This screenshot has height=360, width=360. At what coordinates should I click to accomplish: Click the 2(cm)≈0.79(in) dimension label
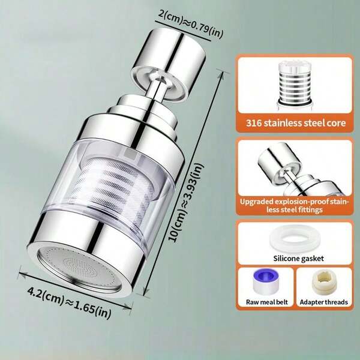(190, 25)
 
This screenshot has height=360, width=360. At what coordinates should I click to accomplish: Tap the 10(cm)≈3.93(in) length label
(185, 202)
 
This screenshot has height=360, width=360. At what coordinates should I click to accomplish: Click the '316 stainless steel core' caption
(296, 123)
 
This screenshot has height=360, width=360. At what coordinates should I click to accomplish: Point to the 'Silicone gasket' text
(298, 258)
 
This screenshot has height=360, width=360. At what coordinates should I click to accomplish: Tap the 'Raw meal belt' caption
(267, 302)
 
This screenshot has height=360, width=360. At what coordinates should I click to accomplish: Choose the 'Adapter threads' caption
(324, 302)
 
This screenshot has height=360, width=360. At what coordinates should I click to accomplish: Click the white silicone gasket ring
(295, 239)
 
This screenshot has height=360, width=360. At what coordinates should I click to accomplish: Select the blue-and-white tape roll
(266, 282)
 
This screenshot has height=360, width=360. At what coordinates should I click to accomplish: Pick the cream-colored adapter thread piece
(324, 282)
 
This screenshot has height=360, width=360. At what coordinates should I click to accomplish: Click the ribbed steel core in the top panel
(295, 85)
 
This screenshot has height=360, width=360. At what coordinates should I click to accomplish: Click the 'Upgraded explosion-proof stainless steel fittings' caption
(295, 206)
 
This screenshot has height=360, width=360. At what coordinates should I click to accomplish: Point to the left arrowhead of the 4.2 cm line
(21, 272)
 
